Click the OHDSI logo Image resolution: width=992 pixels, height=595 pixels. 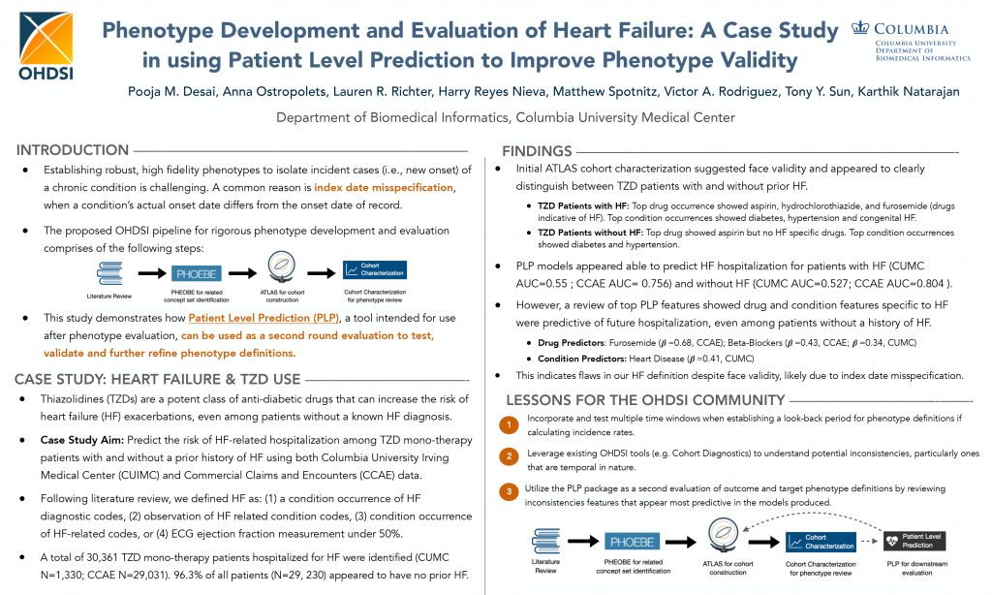[x=46, y=45]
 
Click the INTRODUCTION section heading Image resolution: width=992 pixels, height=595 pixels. [x=73, y=150]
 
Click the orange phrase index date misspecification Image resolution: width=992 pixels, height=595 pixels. [x=383, y=186]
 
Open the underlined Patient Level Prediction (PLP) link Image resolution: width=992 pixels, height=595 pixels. [x=249, y=318]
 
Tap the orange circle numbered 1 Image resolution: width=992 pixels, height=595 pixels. [x=509, y=424]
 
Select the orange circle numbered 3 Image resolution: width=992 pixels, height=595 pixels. [x=509, y=492]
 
